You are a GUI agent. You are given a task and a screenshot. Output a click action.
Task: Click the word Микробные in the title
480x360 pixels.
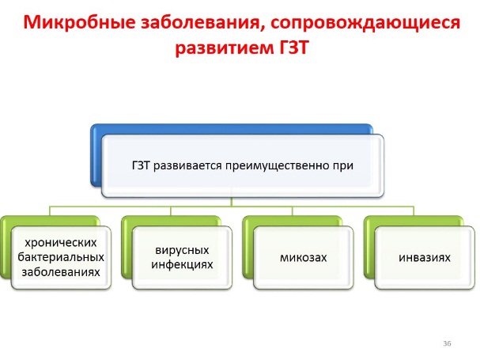[x=79, y=22]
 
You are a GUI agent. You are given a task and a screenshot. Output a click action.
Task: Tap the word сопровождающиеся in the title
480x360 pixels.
[x=365, y=23]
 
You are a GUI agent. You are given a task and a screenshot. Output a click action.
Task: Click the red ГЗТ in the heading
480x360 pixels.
[x=293, y=47]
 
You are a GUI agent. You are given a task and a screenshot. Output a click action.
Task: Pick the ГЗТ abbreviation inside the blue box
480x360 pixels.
[x=141, y=165]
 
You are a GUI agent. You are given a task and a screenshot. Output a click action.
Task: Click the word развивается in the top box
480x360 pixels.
[x=187, y=166]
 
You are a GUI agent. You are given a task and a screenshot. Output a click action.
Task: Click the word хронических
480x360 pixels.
[x=61, y=243]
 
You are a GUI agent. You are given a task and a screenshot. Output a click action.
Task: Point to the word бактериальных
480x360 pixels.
[x=61, y=257]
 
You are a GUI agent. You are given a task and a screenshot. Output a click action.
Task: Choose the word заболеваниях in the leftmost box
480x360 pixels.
[x=61, y=271]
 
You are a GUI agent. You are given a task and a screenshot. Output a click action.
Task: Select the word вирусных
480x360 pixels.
[x=182, y=250]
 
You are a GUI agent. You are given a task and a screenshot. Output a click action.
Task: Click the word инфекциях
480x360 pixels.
[x=182, y=264]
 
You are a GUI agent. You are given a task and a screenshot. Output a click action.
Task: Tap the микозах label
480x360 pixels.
[x=304, y=257]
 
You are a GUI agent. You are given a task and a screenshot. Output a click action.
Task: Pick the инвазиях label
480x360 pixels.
[x=425, y=257]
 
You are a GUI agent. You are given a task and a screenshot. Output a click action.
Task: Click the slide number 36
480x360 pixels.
[x=447, y=343]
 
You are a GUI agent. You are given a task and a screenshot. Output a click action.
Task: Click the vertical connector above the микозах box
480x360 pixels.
[x=292, y=211]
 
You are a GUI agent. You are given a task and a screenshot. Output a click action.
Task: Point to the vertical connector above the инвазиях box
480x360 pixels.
[x=414, y=211]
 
